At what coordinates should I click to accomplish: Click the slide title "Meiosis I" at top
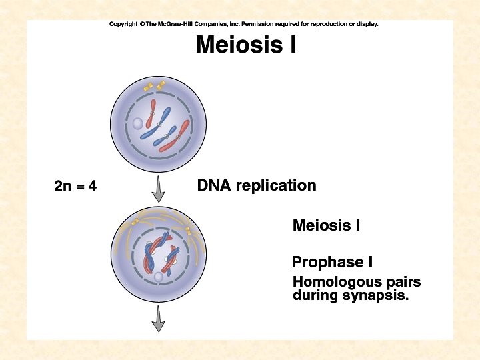[245, 45]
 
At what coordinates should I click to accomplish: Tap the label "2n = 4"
[75, 185]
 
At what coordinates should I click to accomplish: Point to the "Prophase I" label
[327, 262]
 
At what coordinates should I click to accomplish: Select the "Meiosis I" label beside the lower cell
[326, 225]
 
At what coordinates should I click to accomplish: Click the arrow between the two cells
[158, 189]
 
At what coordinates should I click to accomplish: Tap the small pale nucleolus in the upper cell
[137, 123]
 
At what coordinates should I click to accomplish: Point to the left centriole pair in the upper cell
[148, 87]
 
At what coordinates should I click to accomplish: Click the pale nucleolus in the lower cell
[158, 277]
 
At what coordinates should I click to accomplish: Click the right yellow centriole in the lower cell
[188, 231]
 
